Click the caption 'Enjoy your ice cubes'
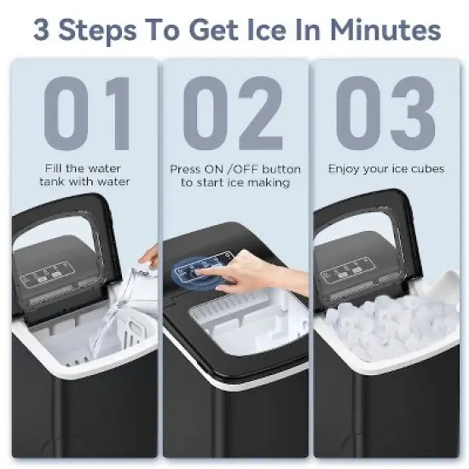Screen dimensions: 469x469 (386, 169)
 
